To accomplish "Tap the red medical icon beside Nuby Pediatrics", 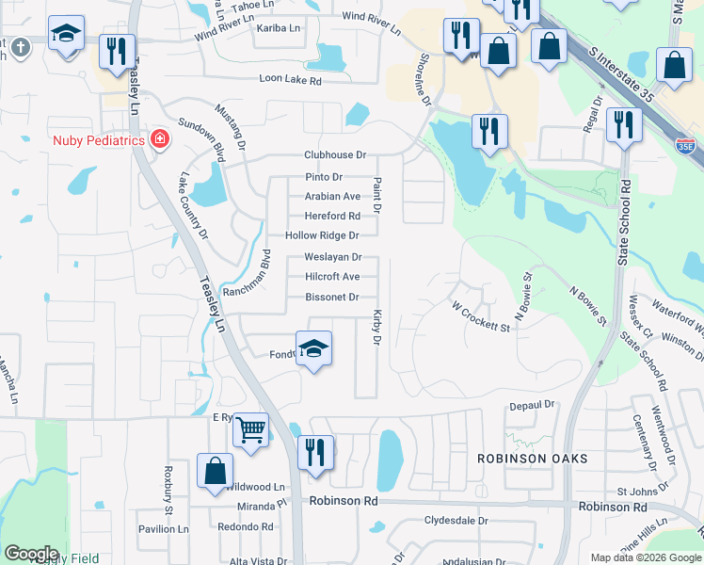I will tap(159, 140).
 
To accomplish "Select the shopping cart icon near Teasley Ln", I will tap(250, 431).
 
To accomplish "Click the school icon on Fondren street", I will tap(314, 348).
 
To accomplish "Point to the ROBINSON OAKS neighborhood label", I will tap(533, 459).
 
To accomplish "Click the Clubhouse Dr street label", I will tap(334, 155).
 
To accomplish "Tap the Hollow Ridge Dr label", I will tap(323, 235).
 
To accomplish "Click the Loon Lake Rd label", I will tap(292, 82).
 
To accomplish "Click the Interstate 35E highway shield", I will tap(687, 146).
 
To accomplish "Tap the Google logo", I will tap(31, 554).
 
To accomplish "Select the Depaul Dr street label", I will tap(532, 405).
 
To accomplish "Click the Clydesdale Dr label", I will tap(456, 521).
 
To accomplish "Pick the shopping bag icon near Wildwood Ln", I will tap(216, 471).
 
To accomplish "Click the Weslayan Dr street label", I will tap(333, 257).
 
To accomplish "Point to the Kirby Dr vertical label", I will tap(377, 326).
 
